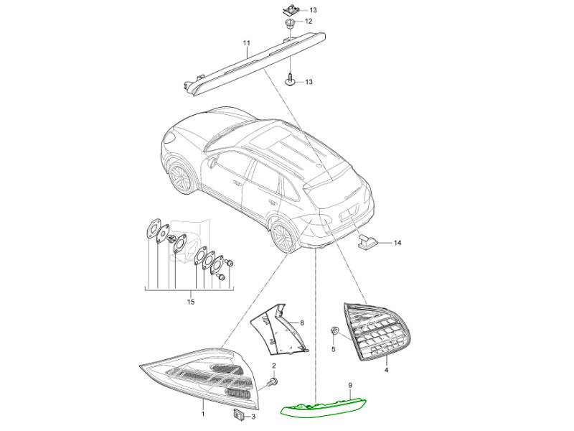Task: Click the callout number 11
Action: (246, 43)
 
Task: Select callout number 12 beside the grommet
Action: (309, 22)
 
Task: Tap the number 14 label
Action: (397, 243)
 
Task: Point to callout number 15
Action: (191, 302)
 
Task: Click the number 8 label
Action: (302, 323)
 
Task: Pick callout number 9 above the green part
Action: (350, 385)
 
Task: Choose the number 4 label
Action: (386, 370)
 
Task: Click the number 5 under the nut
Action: (333, 349)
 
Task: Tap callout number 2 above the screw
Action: (273, 366)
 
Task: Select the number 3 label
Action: (253, 417)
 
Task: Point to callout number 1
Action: (203, 414)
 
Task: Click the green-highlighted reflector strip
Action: (324, 406)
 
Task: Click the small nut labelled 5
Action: (334, 331)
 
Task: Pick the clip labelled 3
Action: (238, 414)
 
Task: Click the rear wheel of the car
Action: (283, 234)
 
